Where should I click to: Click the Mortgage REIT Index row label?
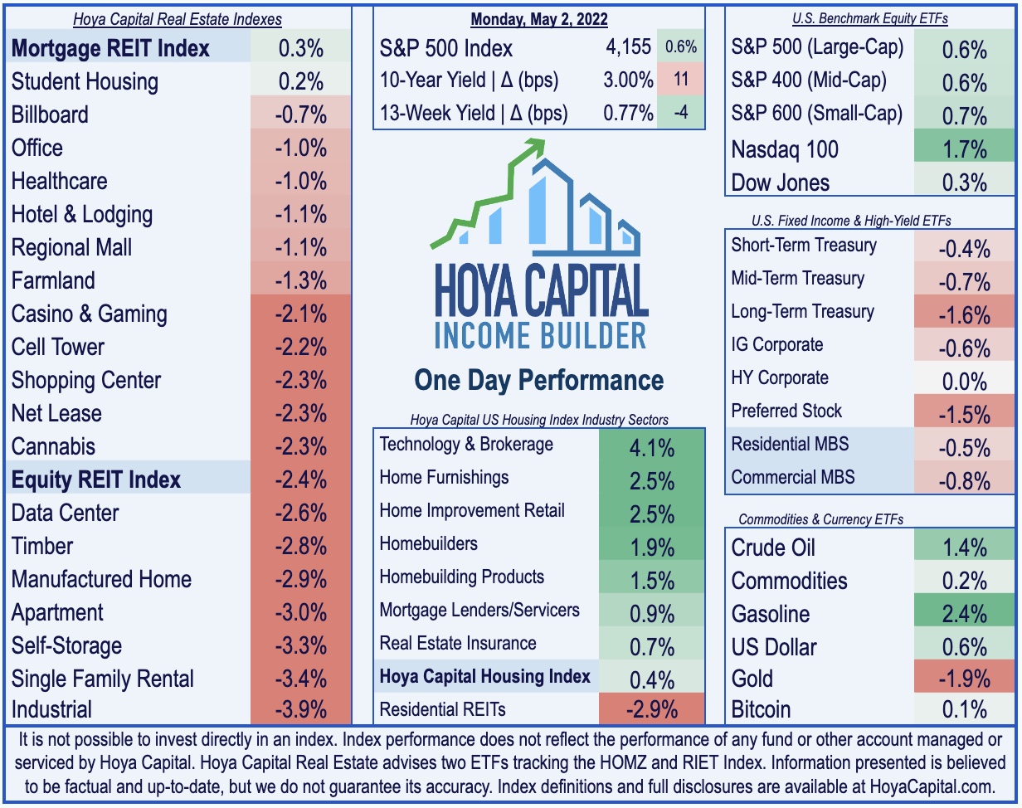tap(110, 48)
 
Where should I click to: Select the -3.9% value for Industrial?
tap(300, 709)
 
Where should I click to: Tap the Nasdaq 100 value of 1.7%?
tap(964, 149)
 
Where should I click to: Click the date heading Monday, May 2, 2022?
tap(539, 19)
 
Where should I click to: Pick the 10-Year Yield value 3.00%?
tap(628, 80)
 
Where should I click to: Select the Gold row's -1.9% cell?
tap(964, 678)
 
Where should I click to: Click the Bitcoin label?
tap(762, 709)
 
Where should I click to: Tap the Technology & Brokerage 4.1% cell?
tap(651, 447)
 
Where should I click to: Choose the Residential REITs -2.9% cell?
tap(651, 709)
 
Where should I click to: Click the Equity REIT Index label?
tap(96, 479)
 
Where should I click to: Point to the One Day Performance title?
tap(539, 381)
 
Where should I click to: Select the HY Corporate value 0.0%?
tap(964, 381)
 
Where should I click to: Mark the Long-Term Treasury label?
tap(803, 312)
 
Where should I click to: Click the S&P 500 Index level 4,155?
tap(628, 47)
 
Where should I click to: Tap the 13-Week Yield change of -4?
tap(681, 113)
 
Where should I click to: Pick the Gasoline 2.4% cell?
tap(964, 613)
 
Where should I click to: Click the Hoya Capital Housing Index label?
tap(485, 676)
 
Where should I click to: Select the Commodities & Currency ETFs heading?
tap(821, 519)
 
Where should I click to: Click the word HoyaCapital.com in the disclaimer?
tap(932, 787)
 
